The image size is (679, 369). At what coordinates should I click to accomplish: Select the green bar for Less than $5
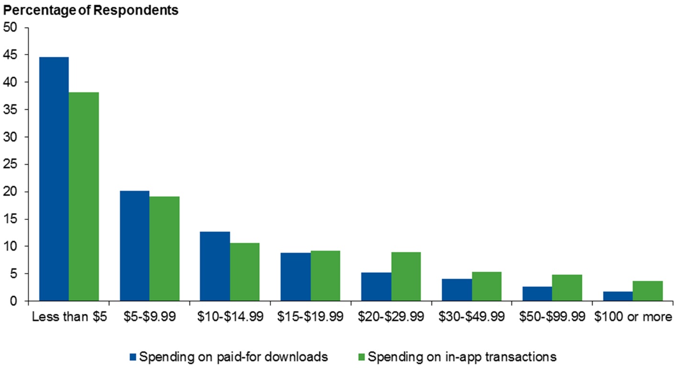[84, 196]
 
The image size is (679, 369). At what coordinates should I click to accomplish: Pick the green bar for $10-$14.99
[245, 272]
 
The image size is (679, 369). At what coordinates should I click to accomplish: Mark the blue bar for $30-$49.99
[456, 290]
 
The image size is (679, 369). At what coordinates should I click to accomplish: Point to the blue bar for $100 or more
[618, 296]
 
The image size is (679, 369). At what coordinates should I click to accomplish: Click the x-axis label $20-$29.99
[390, 317]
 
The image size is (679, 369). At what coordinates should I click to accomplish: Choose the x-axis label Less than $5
[68, 317]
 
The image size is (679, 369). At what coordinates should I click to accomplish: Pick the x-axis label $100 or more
[633, 317]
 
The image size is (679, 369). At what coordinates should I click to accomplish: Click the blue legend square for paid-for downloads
[134, 357]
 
